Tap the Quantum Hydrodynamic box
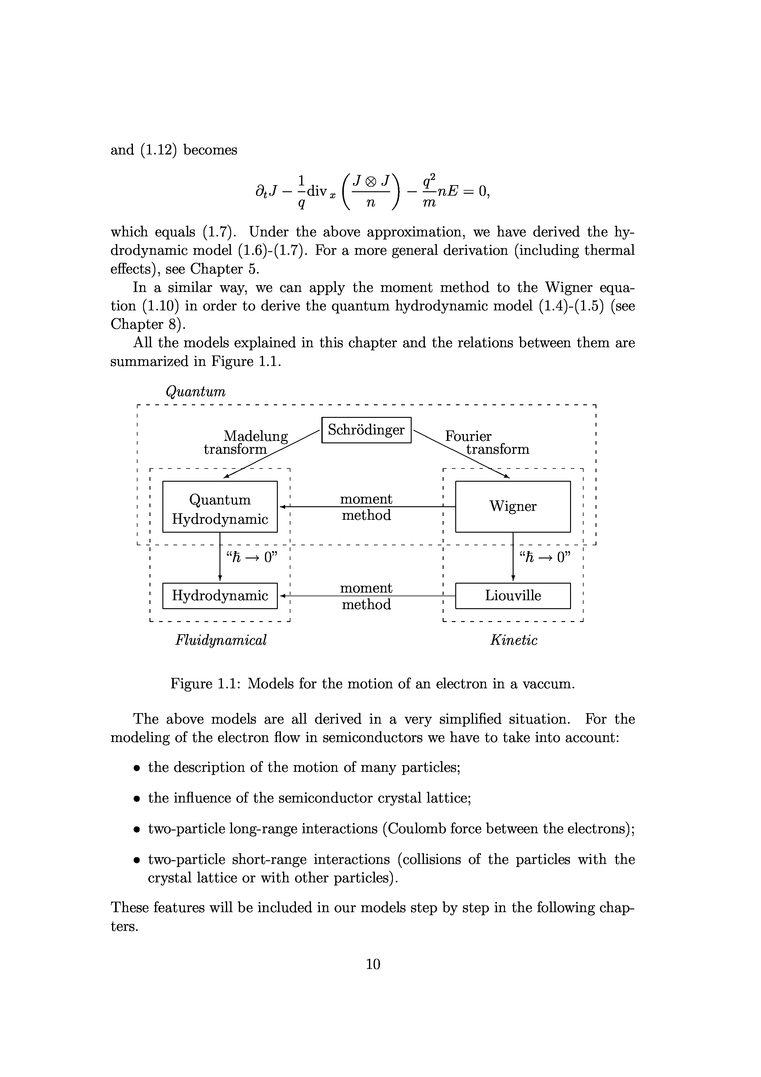[219, 507]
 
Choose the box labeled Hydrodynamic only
[219, 596]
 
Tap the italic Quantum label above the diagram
[196, 391]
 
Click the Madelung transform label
[246, 442]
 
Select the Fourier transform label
[486, 442]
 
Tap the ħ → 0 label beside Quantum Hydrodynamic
[252, 557]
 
